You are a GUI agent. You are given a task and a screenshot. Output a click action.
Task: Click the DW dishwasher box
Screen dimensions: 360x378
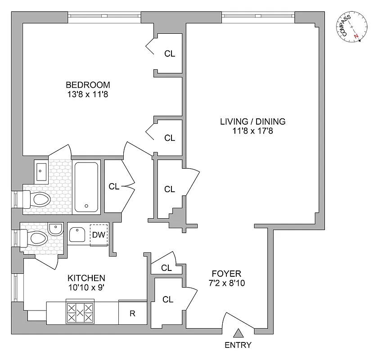pyautogui.click(x=99, y=235)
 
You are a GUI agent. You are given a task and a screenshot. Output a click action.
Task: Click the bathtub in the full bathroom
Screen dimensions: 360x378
pyautogui.click(x=86, y=187)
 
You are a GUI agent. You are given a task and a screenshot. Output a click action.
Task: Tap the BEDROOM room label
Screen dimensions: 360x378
pyautogui.click(x=88, y=85)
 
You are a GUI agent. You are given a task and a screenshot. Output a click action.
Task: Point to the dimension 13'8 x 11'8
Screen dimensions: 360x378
pyautogui.click(x=88, y=94)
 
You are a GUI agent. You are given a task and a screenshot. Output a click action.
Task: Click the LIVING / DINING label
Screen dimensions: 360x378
pyautogui.click(x=252, y=121)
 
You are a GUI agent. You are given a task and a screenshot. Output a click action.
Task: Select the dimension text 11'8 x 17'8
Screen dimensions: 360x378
pyautogui.click(x=252, y=131)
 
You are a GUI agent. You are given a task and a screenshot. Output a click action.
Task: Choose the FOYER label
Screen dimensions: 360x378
pyautogui.click(x=226, y=274)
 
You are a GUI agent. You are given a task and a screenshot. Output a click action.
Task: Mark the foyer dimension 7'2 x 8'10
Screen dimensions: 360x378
pyautogui.click(x=226, y=283)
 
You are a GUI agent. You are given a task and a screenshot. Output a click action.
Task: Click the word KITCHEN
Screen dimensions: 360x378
pyautogui.click(x=86, y=278)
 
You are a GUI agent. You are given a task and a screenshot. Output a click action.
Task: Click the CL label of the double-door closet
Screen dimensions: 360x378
pyautogui.click(x=114, y=186)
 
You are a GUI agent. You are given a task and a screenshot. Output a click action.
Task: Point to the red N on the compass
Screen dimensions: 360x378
pyautogui.click(x=356, y=36)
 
